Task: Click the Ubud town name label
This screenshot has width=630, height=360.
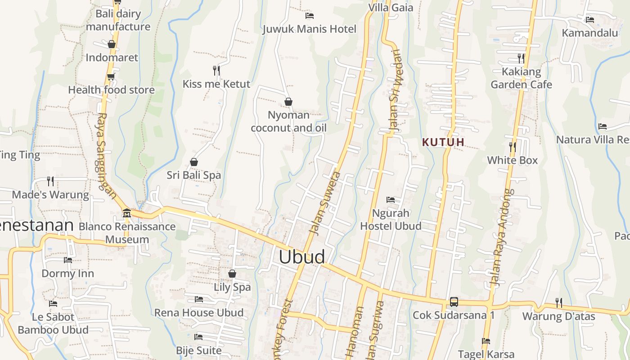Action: tap(301, 256)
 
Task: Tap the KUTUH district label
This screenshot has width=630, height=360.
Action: tap(443, 142)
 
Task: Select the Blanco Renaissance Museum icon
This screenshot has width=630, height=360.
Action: tap(126, 213)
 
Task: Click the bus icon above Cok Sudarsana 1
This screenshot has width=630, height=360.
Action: tap(454, 302)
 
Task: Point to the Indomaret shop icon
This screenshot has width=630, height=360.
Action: tap(112, 44)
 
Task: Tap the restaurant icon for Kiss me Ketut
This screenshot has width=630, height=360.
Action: tap(216, 70)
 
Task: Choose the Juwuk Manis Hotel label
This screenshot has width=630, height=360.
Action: tap(309, 29)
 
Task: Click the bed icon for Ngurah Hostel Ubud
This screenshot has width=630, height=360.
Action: tap(391, 199)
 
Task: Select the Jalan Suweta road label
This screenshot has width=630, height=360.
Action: tap(325, 202)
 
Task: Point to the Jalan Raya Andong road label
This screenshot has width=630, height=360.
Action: tap(501, 237)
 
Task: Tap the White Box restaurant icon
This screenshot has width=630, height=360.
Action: tap(512, 147)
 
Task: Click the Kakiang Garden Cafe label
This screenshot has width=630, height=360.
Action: tap(521, 78)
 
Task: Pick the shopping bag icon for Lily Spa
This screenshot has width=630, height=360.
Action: tap(232, 274)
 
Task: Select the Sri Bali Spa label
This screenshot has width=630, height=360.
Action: tap(194, 175)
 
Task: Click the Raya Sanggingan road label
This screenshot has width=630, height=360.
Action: tap(106, 155)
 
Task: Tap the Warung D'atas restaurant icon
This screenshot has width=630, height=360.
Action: tap(558, 303)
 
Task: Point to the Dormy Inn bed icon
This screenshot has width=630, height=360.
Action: tap(68, 260)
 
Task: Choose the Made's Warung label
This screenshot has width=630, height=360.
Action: tap(50, 195)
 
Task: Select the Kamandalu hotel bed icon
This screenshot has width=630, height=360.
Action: tap(589, 19)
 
